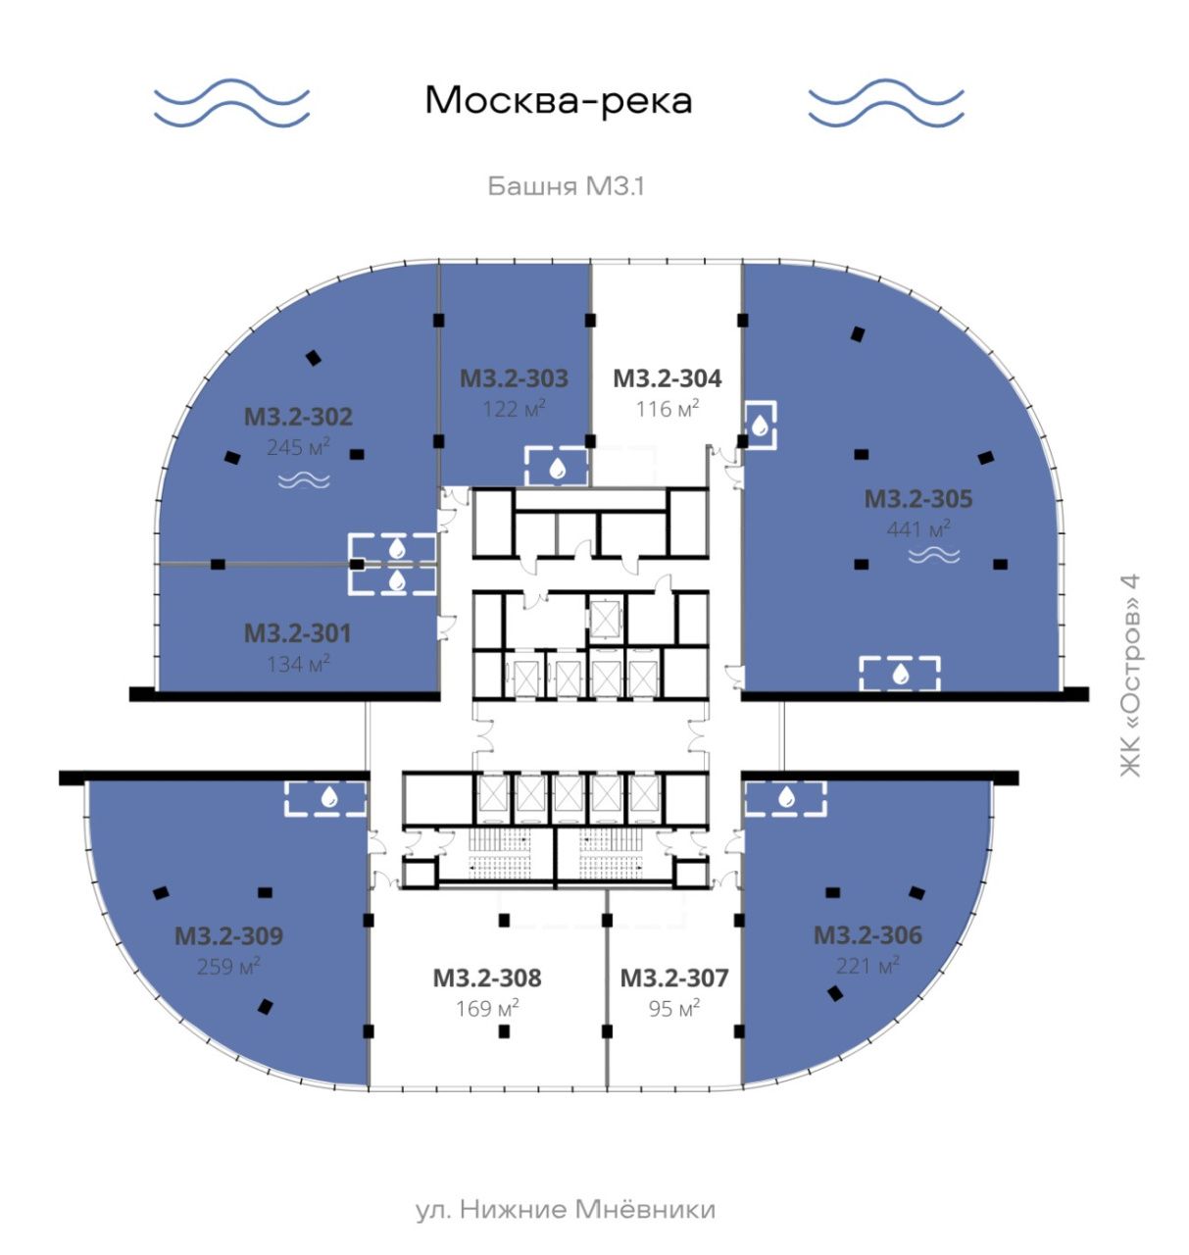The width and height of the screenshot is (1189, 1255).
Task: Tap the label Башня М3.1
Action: pyautogui.click(x=566, y=186)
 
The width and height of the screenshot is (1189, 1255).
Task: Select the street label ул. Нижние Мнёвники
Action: pyautogui.click(x=566, y=1210)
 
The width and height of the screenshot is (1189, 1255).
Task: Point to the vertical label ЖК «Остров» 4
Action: pyautogui.click(x=1130, y=676)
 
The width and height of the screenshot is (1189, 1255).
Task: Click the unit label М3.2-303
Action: pyautogui.click(x=514, y=378)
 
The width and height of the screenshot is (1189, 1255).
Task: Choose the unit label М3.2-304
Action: pyautogui.click(x=667, y=378)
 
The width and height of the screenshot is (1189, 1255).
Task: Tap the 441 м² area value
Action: pyautogui.click(x=918, y=529)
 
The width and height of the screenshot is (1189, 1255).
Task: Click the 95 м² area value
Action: pyautogui.click(x=674, y=1009)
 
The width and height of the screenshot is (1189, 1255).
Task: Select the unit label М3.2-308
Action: pyautogui.click(x=487, y=978)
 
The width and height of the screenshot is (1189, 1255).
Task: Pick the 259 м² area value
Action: pyautogui.click(x=228, y=967)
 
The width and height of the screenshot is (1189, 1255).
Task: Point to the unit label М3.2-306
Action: pyautogui.click(x=867, y=935)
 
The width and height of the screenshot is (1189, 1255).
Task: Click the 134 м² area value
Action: pyautogui.click(x=298, y=665)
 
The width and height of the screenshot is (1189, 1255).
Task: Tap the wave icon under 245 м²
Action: pyautogui.click(x=305, y=480)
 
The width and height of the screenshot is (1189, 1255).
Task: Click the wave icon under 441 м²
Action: pyautogui.click(x=934, y=557)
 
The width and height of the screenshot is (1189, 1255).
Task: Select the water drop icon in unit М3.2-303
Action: pyautogui.click(x=557, y=468)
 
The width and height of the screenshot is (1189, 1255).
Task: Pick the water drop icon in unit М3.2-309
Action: pyautogui.click(x=329, y=797)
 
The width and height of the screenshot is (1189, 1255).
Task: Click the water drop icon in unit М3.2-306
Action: pyautogui.click(x=787, y=797)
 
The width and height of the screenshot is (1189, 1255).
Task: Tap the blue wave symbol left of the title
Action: pyautogui.click(x=231, y=102)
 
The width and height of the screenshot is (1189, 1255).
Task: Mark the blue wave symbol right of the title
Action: pyautogui.click(x=886, y=102)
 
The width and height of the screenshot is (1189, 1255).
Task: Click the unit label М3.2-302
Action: pyautogui.click(x=298, y=417)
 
